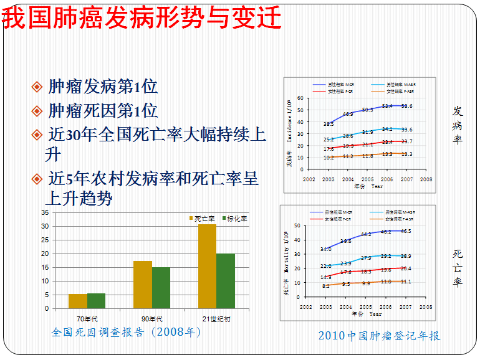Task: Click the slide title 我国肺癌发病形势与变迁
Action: [143, 19]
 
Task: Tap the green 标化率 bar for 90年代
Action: [161, 288]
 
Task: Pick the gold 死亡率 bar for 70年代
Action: [78, 301]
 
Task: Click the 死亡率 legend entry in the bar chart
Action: [204, 219]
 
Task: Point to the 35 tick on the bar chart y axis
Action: [44, 212]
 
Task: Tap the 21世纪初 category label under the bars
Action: [216, 320]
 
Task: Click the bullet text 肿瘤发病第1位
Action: [103, 87]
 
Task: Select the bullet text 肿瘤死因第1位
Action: [103, 111]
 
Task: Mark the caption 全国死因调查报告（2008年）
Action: [127, 333]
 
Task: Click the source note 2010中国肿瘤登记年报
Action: [379, 336]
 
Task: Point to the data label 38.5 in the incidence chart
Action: [329, 125]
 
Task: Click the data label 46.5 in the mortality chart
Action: [405, 231]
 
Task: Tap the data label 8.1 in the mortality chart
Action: [326, 286]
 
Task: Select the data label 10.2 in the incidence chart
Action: [329, 158]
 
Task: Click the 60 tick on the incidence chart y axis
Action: [300, 98]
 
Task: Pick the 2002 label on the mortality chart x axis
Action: [305, 307]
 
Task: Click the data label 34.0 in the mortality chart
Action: [326, 249]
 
